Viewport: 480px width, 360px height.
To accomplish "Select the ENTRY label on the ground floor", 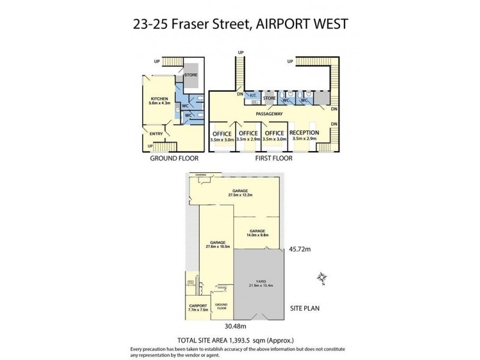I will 156,134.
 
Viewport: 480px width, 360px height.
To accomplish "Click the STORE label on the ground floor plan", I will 191,75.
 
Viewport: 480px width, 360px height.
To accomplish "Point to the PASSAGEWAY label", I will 269,113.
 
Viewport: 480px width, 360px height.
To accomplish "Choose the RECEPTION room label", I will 304,133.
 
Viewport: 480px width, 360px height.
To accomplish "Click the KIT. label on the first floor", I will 253,96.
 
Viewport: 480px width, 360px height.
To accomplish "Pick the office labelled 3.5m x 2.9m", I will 248,136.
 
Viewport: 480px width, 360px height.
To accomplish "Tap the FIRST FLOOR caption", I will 273,159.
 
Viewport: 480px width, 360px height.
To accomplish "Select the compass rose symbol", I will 322,277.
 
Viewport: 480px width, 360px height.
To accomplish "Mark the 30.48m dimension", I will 236,327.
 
